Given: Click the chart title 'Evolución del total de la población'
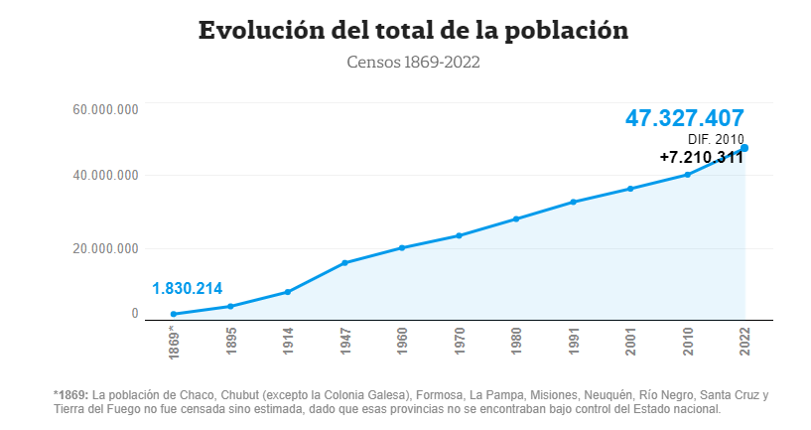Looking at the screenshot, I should (413, 30).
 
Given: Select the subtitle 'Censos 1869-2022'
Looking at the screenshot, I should (413, 63).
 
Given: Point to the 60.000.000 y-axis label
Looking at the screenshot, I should (105, 108).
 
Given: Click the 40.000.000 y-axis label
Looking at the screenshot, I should (105, 176).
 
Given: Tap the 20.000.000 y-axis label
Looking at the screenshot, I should (105, 247).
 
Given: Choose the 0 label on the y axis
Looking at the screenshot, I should (135, 314).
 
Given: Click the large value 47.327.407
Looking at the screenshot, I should (684, 118).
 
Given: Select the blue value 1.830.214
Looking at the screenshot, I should (187, 289).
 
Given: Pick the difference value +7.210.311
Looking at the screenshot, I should (701, 157).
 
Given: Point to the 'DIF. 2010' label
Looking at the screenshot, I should (716, 139).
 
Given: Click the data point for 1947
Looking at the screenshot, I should (344, 263).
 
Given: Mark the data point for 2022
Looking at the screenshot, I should (744, 148).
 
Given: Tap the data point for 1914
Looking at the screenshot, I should (287, 292).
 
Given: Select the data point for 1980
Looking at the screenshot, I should (516, 218).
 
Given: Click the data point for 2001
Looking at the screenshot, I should (630, 189).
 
